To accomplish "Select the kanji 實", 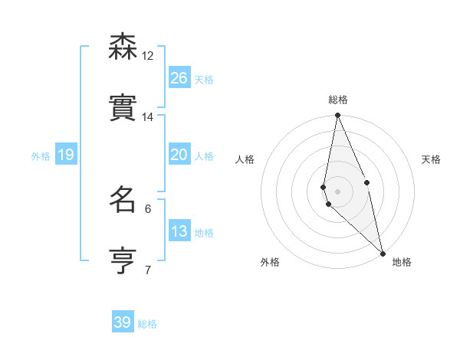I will tap(122, 108).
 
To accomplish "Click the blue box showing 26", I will tap(179, 77).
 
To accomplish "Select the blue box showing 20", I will tap(179, 155).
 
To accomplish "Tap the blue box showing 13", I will tap(179, 231).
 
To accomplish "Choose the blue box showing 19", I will tap(66, 155).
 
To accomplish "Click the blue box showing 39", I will tap(123, 322).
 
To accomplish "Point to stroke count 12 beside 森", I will tap(148, 55).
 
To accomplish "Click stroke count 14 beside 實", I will tap(148, 117).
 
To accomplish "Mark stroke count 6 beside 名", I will tap(148, 208).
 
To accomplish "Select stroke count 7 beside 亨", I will tap(148, 270).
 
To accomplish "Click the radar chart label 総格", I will tap(338, 100).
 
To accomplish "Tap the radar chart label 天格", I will tap(431, 159).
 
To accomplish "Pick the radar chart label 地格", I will tap(402, 262).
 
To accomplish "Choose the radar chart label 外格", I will tap(270, 262).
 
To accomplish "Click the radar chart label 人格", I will tap(245, 159).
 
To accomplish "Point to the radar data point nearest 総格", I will tap(337, 116).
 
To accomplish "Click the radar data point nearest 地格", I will tap(383, 253).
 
